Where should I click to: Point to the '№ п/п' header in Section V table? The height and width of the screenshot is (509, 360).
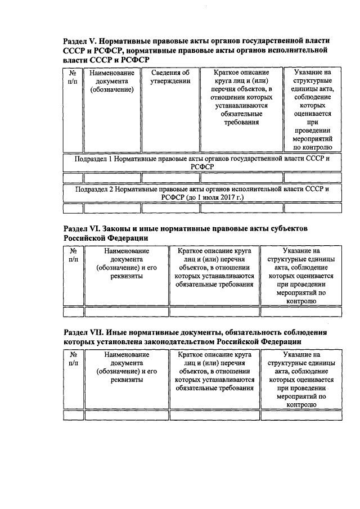[x=72, y=77]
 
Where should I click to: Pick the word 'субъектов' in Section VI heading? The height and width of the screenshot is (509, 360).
[x=286, y=229]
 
